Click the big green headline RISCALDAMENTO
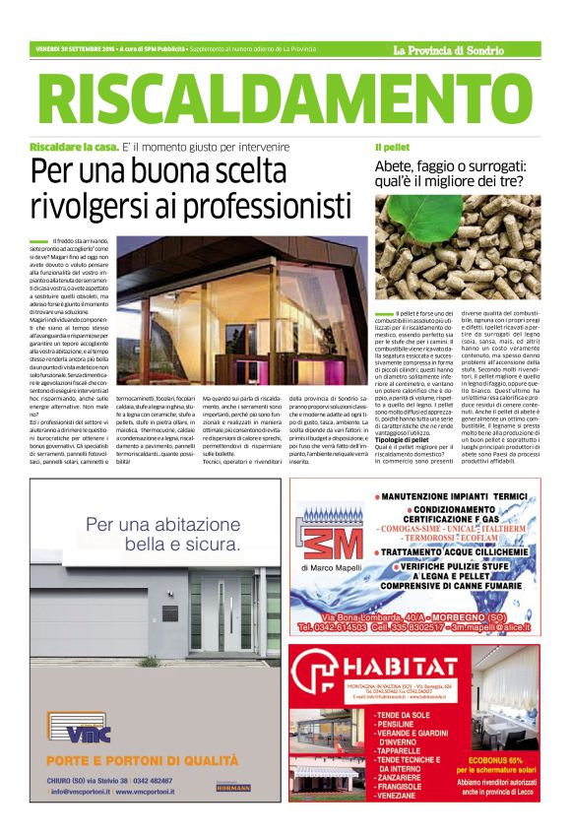point(285,99)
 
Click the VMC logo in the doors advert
point(75,734)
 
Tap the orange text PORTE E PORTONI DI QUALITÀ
point(143,761)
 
